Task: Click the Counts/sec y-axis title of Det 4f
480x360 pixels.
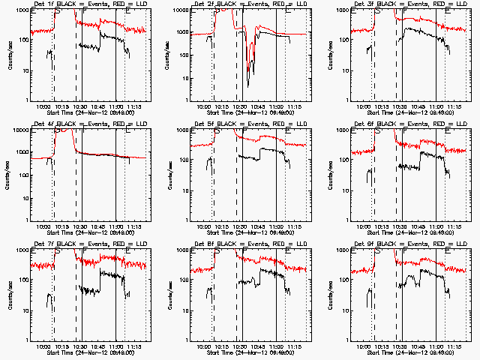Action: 8,176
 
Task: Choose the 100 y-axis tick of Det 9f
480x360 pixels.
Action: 343,280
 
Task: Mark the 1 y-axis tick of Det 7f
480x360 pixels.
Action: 27,340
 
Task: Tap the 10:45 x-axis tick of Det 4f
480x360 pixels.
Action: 98,226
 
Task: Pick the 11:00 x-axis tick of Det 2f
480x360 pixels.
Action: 277,106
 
